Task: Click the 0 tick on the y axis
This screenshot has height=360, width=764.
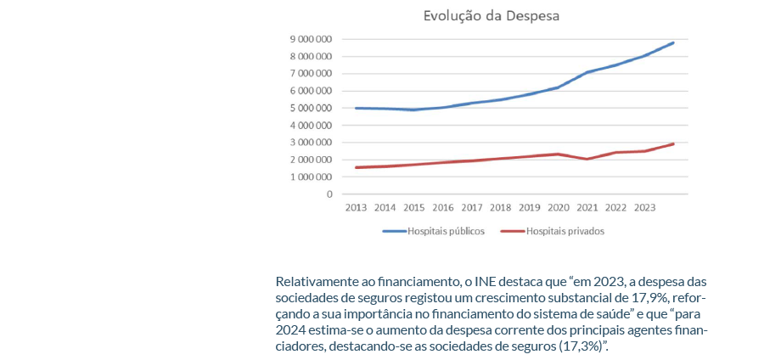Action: [x=329, y=194]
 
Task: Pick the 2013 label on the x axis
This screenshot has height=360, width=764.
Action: [x=356, y=207]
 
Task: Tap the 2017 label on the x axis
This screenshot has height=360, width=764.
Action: [x=472, y=207]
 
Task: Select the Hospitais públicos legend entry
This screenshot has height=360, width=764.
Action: [x=434, y=231]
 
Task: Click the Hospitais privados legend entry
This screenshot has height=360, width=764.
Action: [x=553, y=231]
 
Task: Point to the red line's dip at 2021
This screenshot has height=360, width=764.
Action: [x=587, y=159]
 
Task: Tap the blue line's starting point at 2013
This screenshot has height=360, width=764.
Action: [x=356, y=108]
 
